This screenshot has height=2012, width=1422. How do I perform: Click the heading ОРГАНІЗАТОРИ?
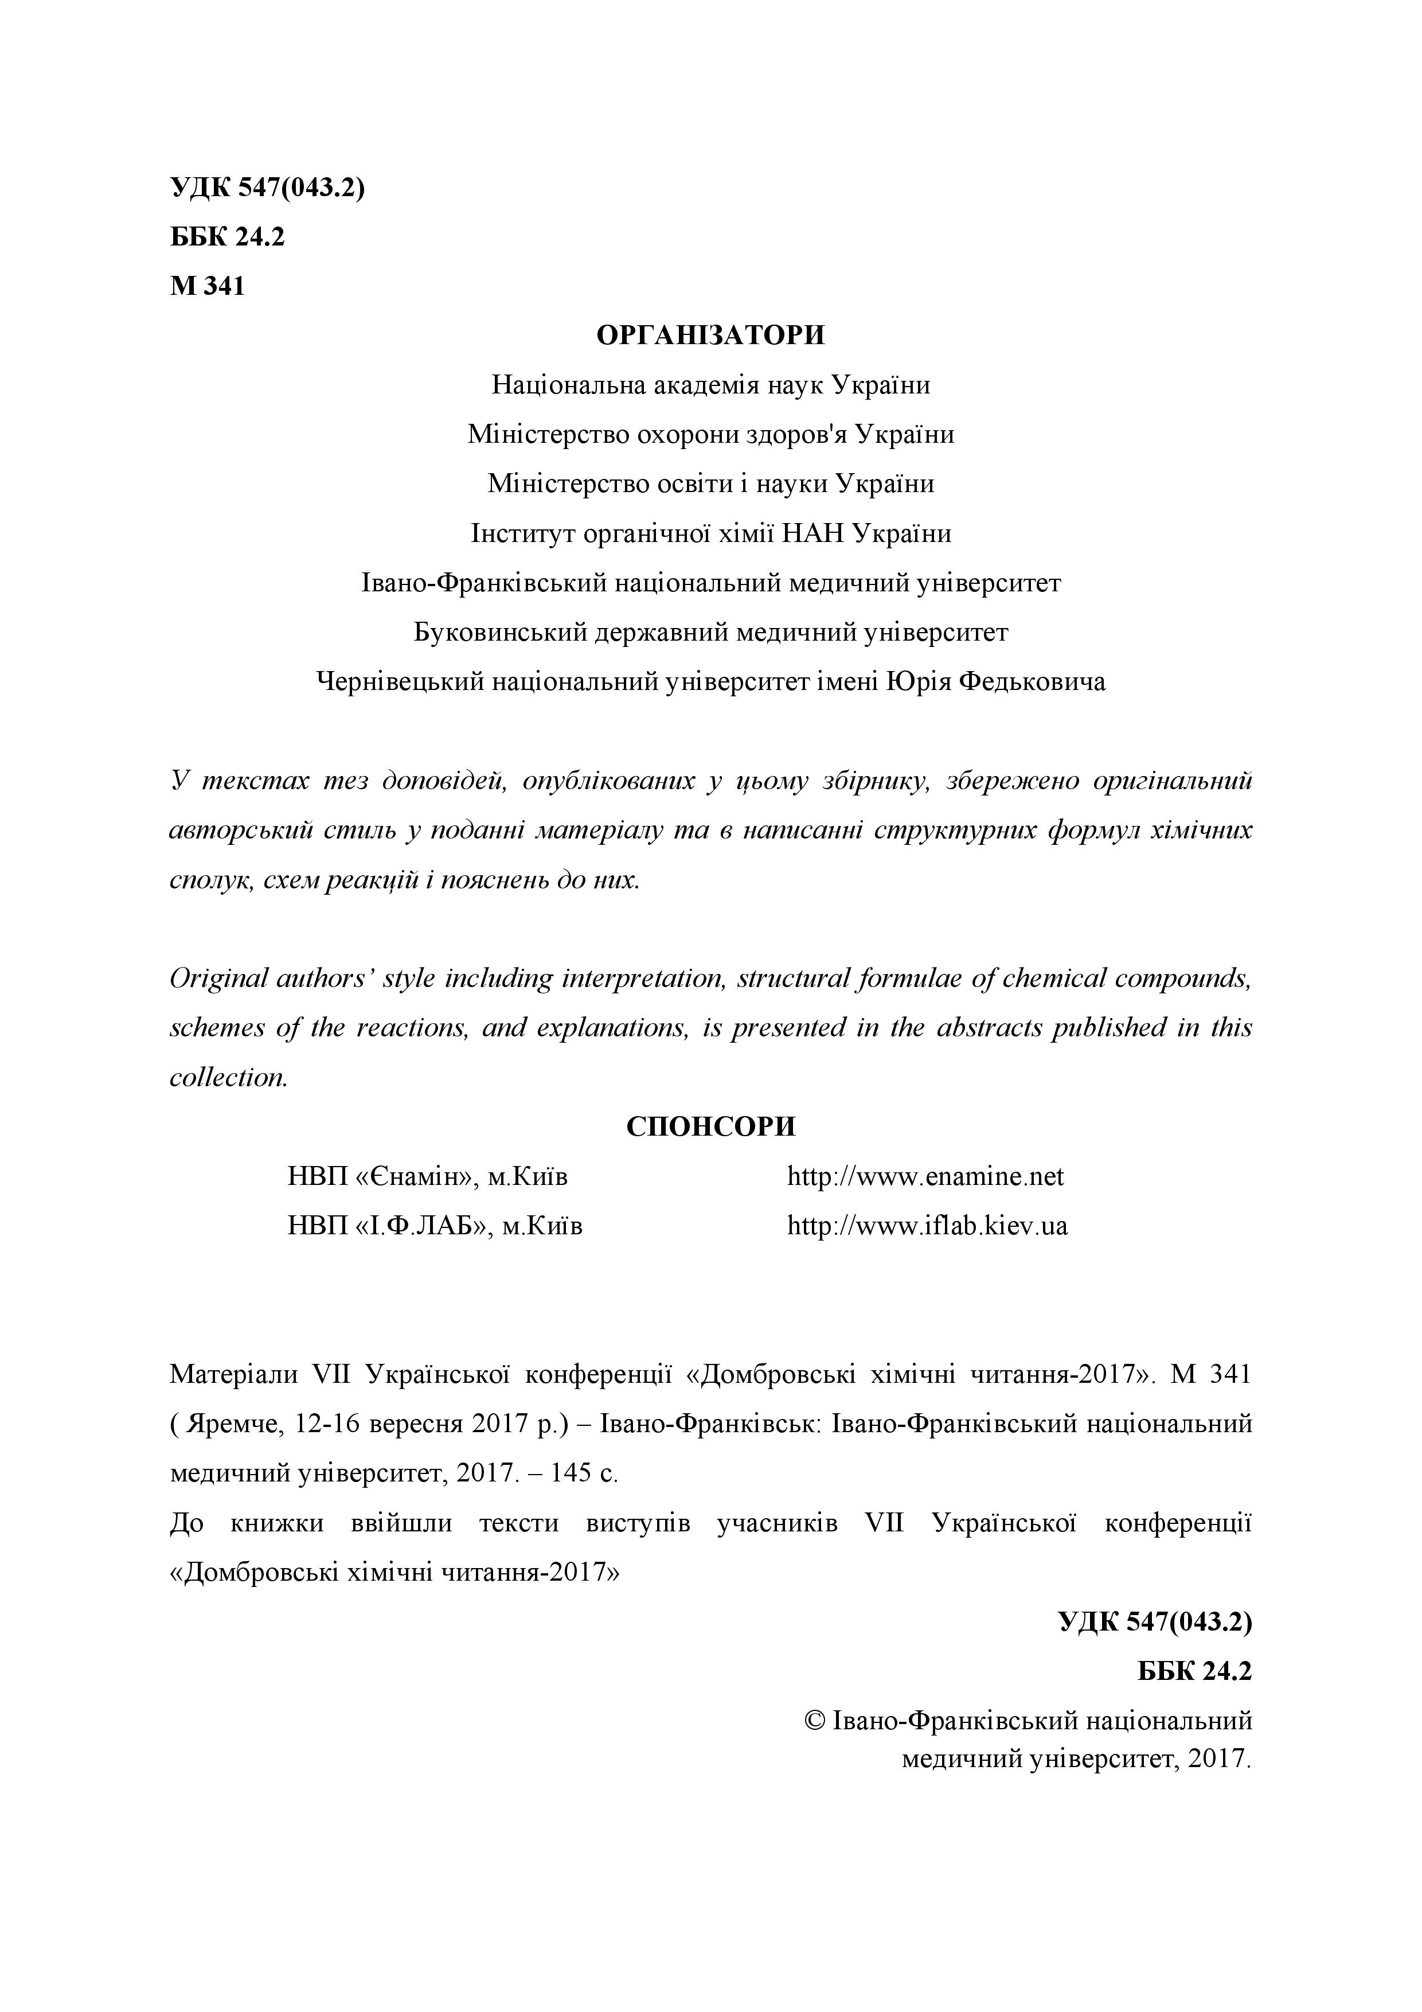(710, 336)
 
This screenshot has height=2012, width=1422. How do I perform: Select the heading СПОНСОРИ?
(710, 1126)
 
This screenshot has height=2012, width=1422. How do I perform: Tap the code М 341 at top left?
(208, 287)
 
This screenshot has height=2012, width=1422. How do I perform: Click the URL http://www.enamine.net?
(925, 1176)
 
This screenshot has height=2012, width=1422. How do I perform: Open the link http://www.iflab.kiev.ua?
(927, 1225)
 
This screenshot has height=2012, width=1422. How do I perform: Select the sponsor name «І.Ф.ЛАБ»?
(423, 1225)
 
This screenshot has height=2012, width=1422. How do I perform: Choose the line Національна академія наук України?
(710, 385)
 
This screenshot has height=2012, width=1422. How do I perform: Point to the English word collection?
(228, 1077)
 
